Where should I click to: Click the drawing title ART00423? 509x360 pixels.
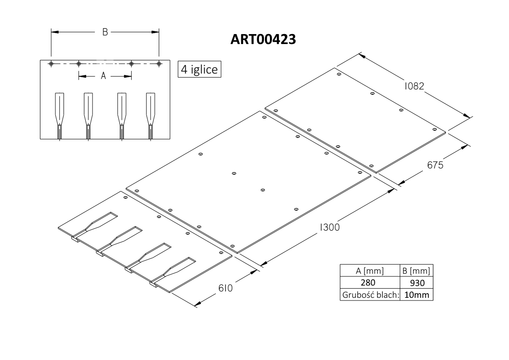pyautogui.click(x=263, y=39)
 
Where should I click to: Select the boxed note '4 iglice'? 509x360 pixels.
pyautogui.click(x=199, y=69)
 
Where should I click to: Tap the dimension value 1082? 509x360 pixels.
pyautogui.click(x=414, y=86)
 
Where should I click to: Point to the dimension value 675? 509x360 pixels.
pyautogui.click(x=435, y=165)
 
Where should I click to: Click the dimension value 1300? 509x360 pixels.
pyautogui.click(x=330, y=227)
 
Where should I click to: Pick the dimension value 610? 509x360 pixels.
pyautogui.click(x=225, y=288)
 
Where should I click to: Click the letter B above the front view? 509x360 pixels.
pyautogui.click(x=105, y=32)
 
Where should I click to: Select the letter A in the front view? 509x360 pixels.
pyautogui.click(x=103, y=76)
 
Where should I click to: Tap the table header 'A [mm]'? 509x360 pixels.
pyautogui.click(x=370, y=271)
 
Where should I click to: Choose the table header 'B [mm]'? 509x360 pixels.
pyautogui.click(x=416, y=271)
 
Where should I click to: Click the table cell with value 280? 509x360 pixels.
pyautogui.click(x=368, y=283)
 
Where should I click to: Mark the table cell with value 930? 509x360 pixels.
pyautogui.click(x=417, y=283)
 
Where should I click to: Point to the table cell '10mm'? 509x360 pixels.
pyautogui.click(x=417, y=295)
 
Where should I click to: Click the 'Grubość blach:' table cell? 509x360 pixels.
pyautogui.click(x=370, y=295)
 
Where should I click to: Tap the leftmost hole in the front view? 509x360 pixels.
pyautogui.click(x=51, y=64)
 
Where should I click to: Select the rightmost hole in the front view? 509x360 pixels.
pyautogui.click(x=159, y=64)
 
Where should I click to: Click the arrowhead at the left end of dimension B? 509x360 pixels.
pyautogui.click(x=54, y=32)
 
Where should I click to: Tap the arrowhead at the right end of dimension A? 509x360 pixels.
pyautogui.click(x=128, y=76)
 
